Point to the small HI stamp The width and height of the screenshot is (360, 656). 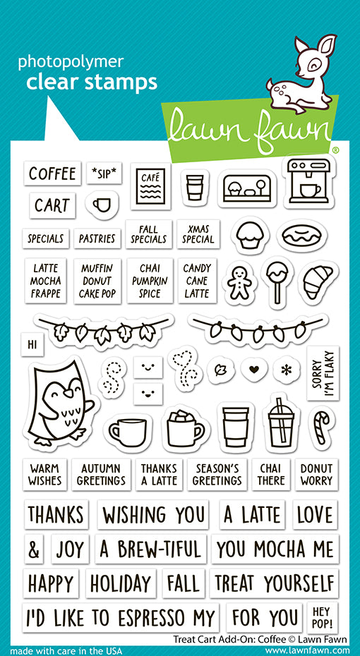(31, 344)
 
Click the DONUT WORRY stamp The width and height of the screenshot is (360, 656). (316, 473)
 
